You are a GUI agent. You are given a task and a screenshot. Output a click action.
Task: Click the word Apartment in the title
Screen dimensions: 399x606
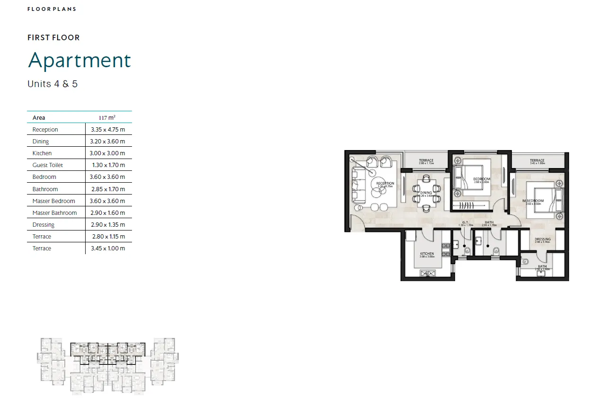coord(79,61)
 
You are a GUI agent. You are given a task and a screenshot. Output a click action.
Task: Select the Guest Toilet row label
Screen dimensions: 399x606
coord(47,165)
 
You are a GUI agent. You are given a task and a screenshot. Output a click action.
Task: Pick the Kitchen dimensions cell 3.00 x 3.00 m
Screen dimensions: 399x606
coord(108,153)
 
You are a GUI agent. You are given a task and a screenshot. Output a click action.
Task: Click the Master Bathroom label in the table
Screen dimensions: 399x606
coord(54,213)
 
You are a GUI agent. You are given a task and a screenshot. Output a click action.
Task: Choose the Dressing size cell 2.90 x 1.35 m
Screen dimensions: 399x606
coord(108,225)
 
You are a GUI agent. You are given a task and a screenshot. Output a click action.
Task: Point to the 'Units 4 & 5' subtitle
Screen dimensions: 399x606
coord(53,84)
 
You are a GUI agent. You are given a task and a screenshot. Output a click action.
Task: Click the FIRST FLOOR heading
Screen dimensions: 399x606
coord(53,38)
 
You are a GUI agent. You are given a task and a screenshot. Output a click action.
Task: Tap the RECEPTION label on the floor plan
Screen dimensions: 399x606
coord(385,184)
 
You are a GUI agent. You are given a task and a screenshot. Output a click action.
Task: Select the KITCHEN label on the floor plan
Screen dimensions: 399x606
coord(427,254)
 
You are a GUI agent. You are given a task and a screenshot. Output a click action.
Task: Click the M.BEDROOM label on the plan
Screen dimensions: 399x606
coord(533,201)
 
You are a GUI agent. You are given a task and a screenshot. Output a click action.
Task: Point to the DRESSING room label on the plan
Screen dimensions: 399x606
coord(543,239)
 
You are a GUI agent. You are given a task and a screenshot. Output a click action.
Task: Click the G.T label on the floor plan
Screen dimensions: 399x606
coord(465,223)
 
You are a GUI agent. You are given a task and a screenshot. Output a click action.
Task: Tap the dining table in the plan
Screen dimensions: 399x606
coord(426,193)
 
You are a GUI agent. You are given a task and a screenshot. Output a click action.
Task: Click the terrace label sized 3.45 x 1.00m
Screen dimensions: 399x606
coord(537,161)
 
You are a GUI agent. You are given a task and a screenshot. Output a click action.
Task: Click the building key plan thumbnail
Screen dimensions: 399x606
coord(108,365)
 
